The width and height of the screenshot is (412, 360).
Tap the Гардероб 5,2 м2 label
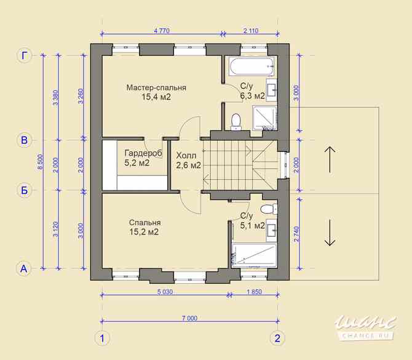pyautogui.click(x=142, y=158)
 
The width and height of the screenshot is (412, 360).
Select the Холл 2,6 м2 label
pyautogui.click(x=188, y=160)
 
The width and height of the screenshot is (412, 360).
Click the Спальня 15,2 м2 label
pyautogui.click(x=145, y=227)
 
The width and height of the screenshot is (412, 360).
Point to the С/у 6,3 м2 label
pyautogui.click(x=252, y=91)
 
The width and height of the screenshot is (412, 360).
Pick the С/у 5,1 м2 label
pyautogui.click(x=252, y=220)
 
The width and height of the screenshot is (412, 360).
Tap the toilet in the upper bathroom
pyautogui.click(x=236, y=121)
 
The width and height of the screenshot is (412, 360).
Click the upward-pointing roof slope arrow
pyautogui.click(x=330, y=158)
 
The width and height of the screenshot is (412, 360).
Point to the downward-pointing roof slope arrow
pyautogui.click(x=330, y=232)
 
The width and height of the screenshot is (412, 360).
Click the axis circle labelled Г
pyautogui.click(x=24, y=56)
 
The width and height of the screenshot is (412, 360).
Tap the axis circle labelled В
pyautogui.click(x=24, y=140)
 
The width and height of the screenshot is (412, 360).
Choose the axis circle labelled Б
pyautogui.click(x=24, y=190)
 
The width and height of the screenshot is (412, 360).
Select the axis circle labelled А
pyautogui.click(x=24, y=268)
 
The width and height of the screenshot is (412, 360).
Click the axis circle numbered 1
pyautogui.click(x=102, y=338)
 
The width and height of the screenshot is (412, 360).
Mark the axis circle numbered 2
pyautogui.click(x=277, y=338)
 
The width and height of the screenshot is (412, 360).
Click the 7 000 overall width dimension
pyautogui.click(x=189, y=318)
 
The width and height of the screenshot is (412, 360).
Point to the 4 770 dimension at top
pyautogui.click(x=161, y=30)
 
